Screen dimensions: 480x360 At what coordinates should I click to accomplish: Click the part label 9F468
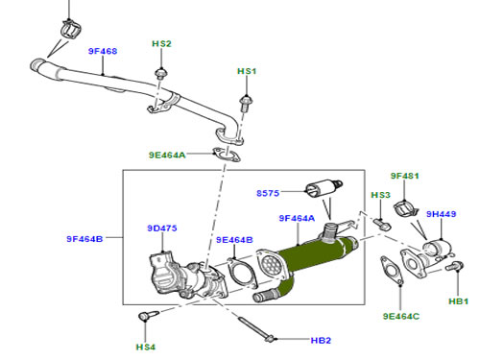(x=103, y=51)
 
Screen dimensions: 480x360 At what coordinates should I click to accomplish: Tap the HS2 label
(x=161, y=43)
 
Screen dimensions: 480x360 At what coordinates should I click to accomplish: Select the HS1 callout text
(x=247, y=71)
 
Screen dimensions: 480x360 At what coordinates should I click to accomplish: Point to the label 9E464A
(x=167, y=155)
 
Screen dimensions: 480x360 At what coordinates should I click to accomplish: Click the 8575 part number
(x=268, y=193)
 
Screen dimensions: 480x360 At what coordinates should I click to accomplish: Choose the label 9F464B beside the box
(x=84, y=239)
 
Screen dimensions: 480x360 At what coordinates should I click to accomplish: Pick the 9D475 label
(x=162, y=228)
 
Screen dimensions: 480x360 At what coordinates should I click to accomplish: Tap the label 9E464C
(x=401, y=316)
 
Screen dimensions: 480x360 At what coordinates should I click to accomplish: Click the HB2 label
(x=321, y=340)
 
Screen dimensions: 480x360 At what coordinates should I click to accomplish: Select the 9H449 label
(x=441, y=214)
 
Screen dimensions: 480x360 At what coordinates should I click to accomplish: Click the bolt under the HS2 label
(x=160, y=73)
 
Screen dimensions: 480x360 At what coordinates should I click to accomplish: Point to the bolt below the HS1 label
(x=246, y=103)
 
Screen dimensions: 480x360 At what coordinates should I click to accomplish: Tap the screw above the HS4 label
(x=148, y=316)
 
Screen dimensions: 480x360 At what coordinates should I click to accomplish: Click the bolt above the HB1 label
(x=454, y=266)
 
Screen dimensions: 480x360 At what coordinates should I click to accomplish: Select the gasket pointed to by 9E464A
(x=227, y=155)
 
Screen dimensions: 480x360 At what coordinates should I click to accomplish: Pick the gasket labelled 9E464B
(x=242, y=273)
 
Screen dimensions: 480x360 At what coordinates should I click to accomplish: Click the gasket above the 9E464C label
(x=392, y=270)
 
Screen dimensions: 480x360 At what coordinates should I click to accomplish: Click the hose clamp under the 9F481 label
(x=405, y=208)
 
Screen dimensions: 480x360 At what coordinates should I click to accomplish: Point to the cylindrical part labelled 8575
(x=324, y=188)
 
